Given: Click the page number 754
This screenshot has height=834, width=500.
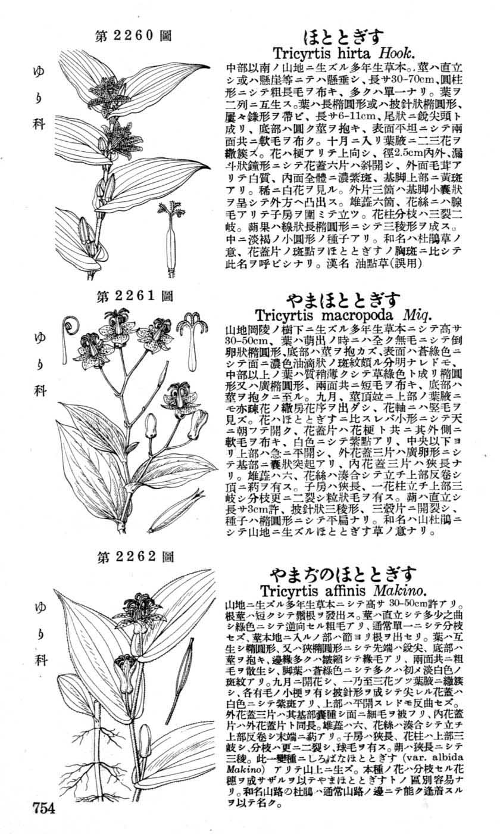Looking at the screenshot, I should pyautogui.click(x=44, y=808).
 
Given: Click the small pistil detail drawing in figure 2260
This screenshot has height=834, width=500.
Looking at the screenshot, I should pyautogui.click(x=169, y=238).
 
